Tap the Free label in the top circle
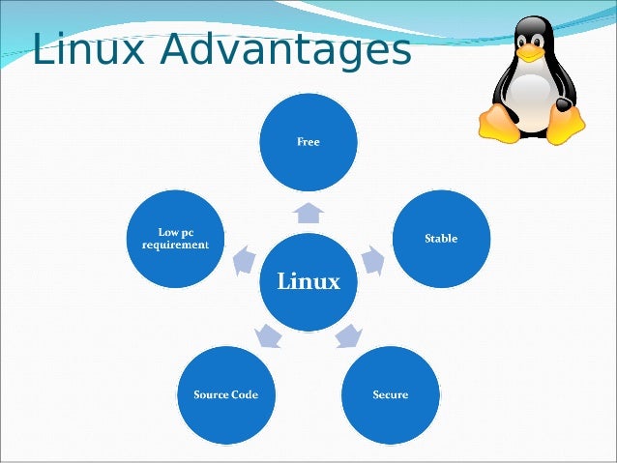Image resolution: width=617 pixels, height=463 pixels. click(308, 141)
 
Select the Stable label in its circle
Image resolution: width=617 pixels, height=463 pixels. click(441, 238)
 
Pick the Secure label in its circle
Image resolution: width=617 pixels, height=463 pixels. click(391, 394)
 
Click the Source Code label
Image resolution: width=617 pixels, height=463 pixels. click(226, 394)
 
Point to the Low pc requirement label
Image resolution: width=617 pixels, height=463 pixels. click(176, 238)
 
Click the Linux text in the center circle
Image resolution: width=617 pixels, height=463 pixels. click(308, 281)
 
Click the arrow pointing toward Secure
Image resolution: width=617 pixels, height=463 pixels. click(348, 336)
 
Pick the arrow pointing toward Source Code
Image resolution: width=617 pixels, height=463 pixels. click(268, 336)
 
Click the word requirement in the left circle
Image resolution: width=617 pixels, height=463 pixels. click(176, 246)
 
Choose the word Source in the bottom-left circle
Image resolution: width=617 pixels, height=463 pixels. click(211, 394)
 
